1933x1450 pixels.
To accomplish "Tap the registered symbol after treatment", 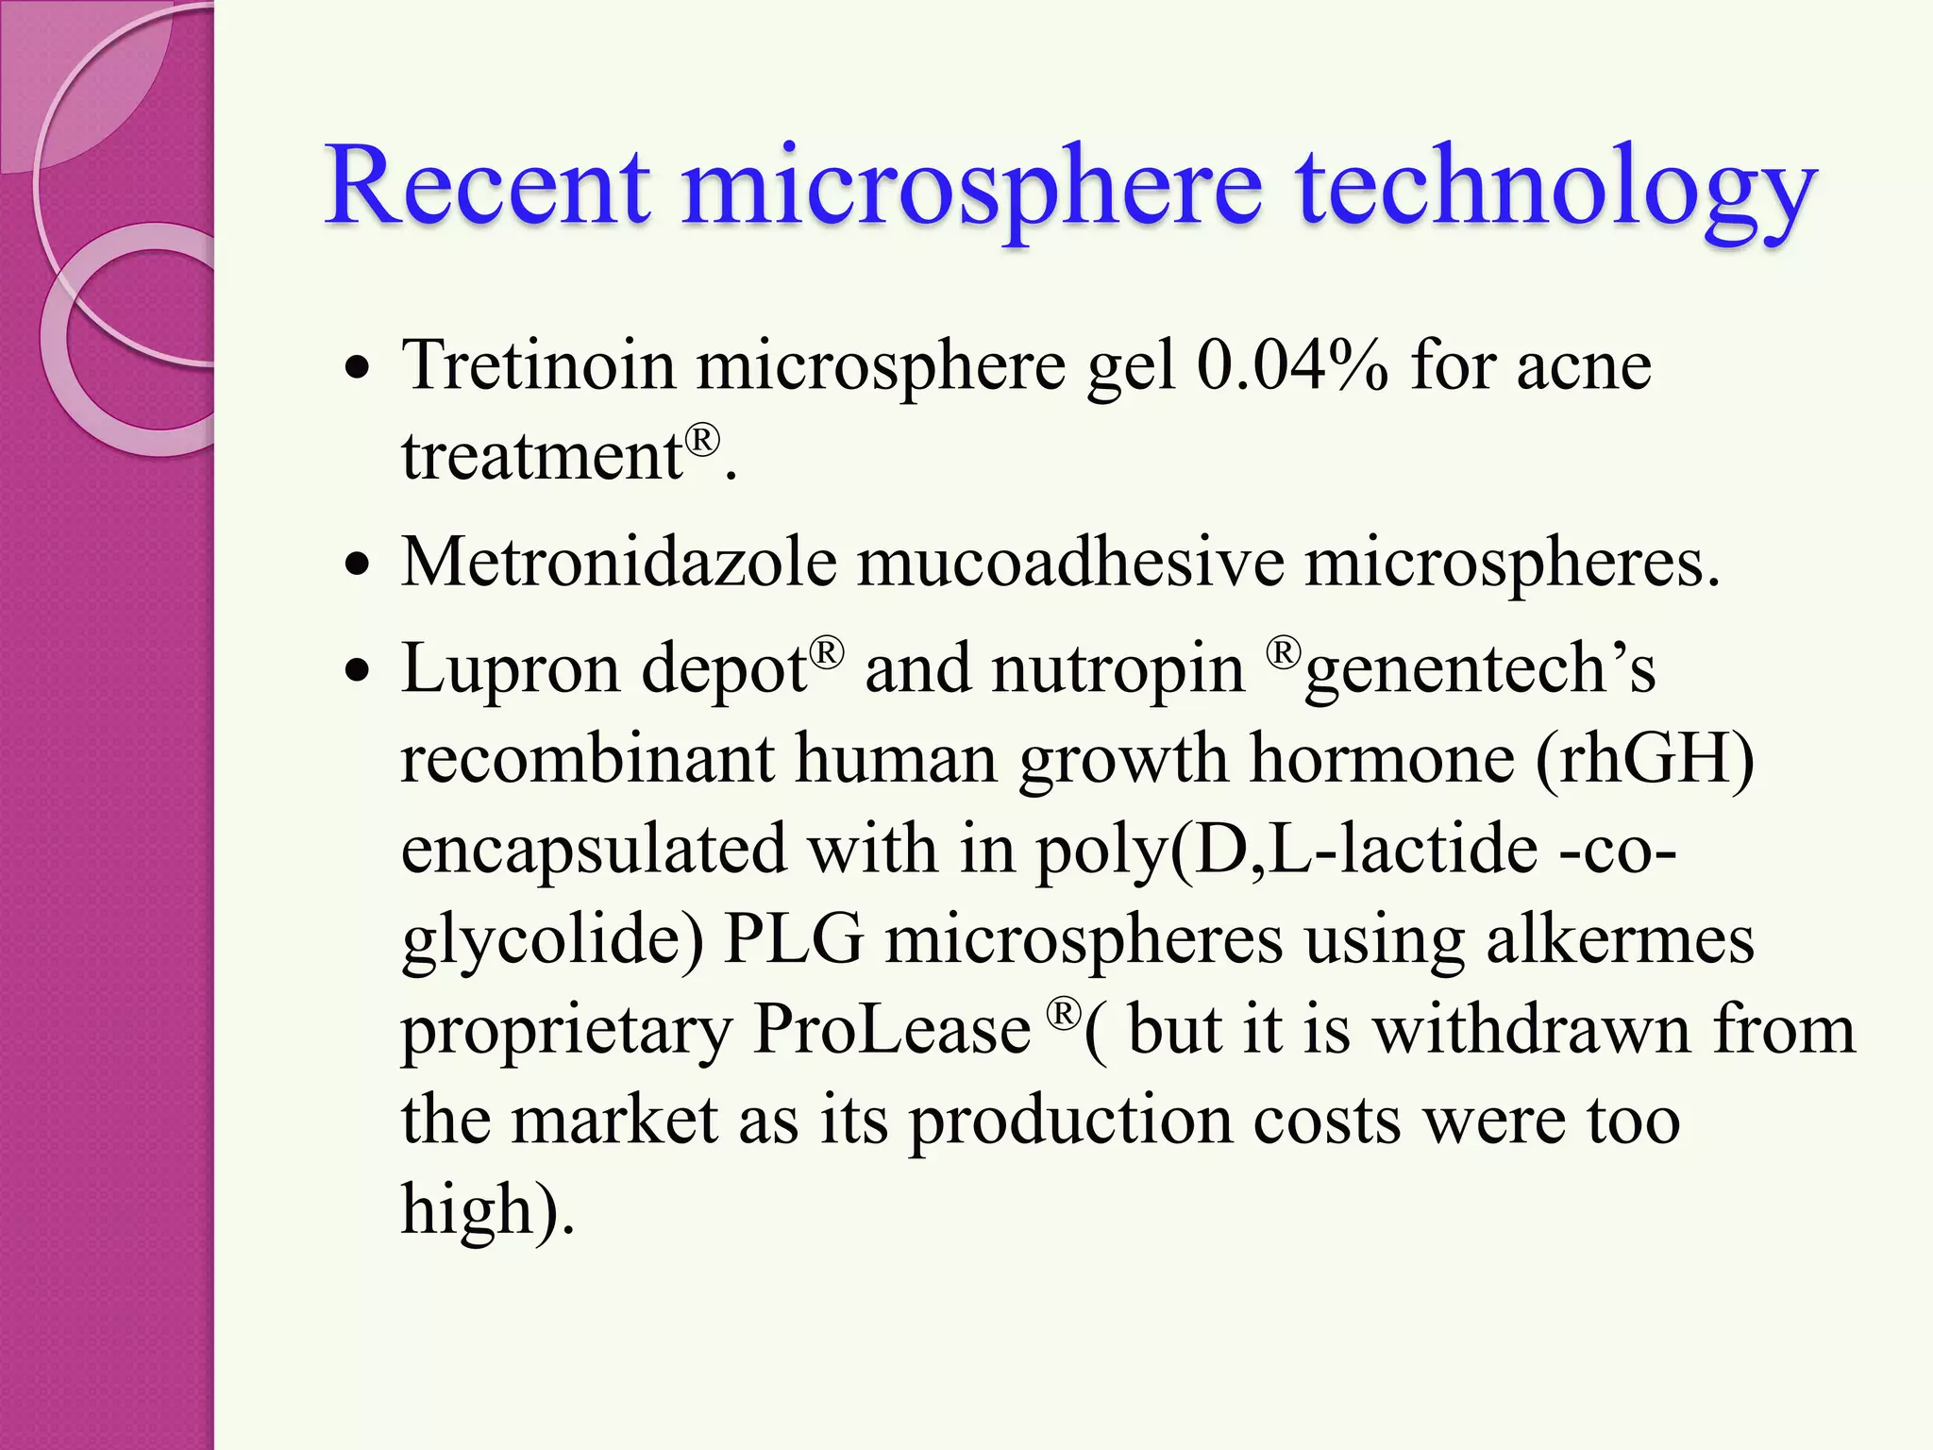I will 702,440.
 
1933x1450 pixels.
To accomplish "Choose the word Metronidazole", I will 618,563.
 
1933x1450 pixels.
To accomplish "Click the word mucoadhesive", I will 1070,563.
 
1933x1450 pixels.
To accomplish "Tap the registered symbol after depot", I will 826,652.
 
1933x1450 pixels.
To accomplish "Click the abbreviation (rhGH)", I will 1644,759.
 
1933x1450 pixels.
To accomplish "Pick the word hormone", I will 1382,759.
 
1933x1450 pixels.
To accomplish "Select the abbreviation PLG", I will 793,940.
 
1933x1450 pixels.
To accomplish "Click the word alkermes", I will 1620,940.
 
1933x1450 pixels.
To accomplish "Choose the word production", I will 1070,1121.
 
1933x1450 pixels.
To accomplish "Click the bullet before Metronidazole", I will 357,566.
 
